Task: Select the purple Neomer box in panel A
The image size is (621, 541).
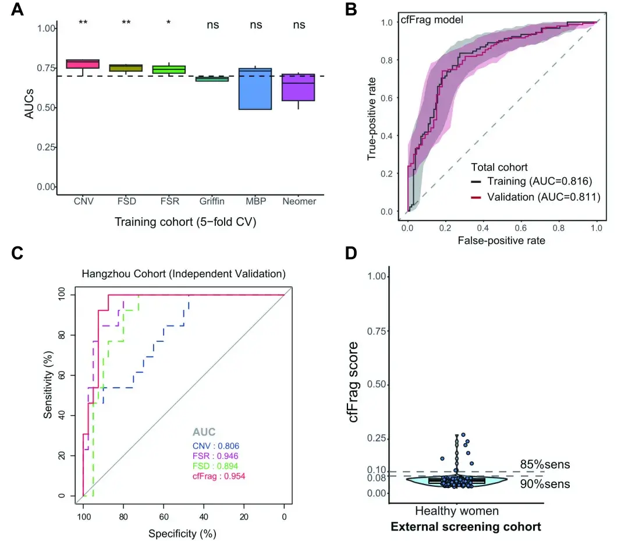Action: (x=297, y=87)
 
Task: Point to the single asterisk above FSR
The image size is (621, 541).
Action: (x=169, y=23)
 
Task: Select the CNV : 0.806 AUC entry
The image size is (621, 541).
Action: (x=216, y=445)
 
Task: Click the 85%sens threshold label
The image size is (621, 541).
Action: (x=545, y=464)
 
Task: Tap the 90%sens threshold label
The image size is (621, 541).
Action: (x=545, y=483)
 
